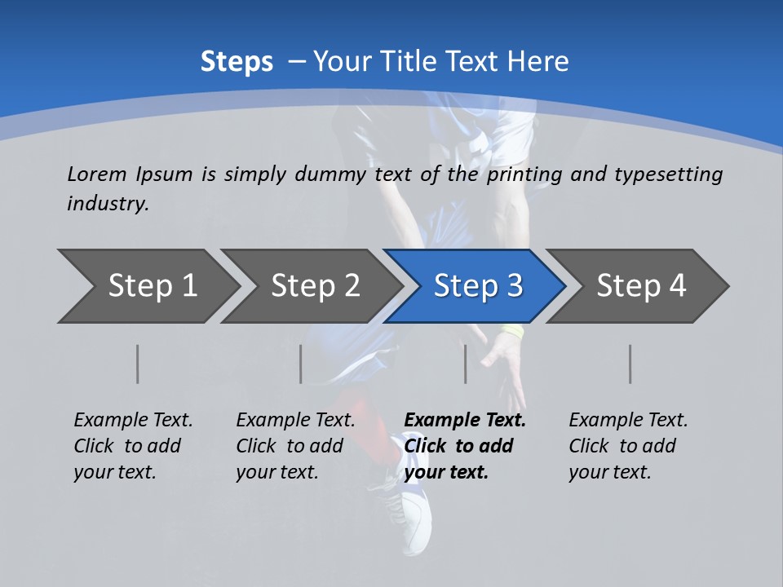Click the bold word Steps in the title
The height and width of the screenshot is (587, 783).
pyautogui.click(x=237, y=62)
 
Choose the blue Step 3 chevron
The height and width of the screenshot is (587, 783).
pyautogui.click(x=478, y=286)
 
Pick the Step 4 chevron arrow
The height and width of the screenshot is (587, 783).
pyautogui.click(x=641, y=286)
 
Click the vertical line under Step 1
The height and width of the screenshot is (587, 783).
pyautogui.click(x=138, y=364)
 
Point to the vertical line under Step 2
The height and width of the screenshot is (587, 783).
pyautogui.click(x=301, y=364)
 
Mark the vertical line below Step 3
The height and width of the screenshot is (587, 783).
pyautogui.click(x=466, y=364)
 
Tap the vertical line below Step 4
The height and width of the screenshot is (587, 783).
pyautogui.click(x=630, y=364)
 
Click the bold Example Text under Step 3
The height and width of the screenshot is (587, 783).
pyautogui.click(x=465, y=421)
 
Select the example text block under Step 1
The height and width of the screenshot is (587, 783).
pyautogui.click(x=133, y=446)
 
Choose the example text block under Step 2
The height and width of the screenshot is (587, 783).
pyautogui.click(x=295, y=446)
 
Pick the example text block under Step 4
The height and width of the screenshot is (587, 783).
pyautogui.click(x=628, y=446)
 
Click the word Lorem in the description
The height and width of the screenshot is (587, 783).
pyautogui.click(x=97, y=174)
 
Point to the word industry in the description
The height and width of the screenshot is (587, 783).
pyautogui.click(x=108, y=204)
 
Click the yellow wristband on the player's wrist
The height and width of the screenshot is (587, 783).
pyautogui.click(x=512, y=333)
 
